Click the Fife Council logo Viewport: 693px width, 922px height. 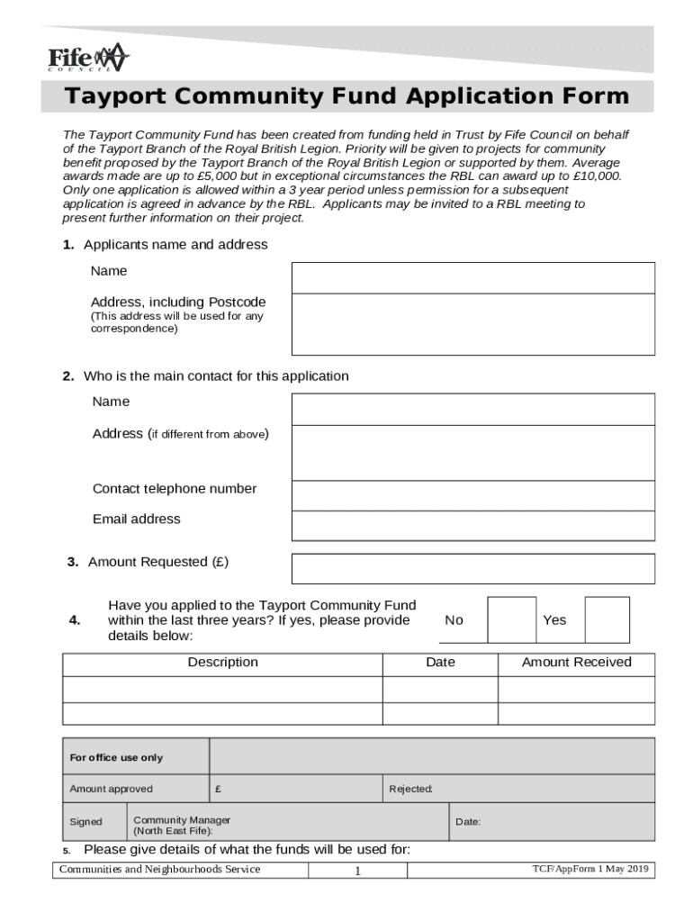click(88, 59)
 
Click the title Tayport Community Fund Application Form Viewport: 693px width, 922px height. click(346, 96)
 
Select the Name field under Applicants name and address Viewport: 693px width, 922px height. click(472, 277)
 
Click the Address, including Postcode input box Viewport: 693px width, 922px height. click(472, 324)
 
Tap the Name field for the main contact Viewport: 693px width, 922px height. click(472, 409)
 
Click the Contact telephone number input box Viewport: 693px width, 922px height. click(472, 495)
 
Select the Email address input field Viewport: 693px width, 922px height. click(472, 526)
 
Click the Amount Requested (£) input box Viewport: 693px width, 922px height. click(472, 568)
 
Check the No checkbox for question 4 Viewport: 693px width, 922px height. click(511, 619)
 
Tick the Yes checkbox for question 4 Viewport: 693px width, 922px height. click(607, 619)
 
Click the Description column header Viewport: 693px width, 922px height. click(222, 663)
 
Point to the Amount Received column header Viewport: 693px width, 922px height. click(576, 663)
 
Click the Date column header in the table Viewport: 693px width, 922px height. click(440, 663)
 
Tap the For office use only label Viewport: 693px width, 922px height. click(117, 757)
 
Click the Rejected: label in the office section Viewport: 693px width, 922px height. click(410, 789)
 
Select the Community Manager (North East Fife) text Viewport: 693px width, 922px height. click(182, 825)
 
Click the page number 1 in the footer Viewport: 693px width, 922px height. click(357, 871)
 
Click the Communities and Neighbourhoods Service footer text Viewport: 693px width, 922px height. click(160, 869)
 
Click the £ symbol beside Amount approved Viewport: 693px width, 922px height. click(219, 789)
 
